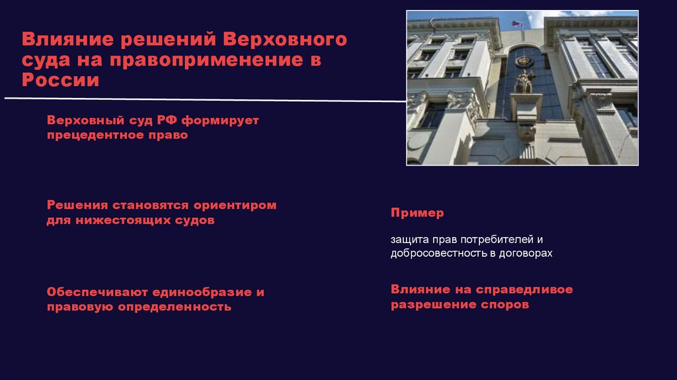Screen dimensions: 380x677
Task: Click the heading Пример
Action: (x=417, y=213)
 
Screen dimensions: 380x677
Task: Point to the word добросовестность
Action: (x=438, y=253)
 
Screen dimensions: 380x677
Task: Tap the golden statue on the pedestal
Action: (x=526, y=82)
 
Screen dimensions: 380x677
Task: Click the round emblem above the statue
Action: (x=526, y=62)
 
